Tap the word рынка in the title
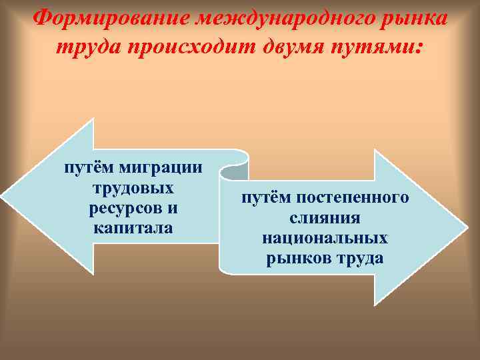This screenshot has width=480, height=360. coord(413,18)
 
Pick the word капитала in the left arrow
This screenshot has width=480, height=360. coord(134,228)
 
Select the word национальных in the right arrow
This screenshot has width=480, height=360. coord(325,238)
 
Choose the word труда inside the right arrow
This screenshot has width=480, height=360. coord(362,258)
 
